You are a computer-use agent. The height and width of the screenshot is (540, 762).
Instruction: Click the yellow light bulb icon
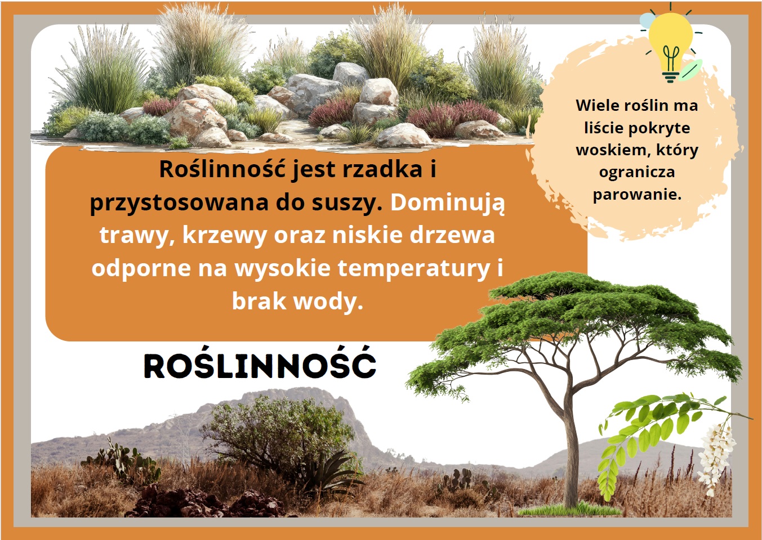(670, 46)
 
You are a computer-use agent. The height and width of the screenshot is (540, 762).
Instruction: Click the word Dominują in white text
(448, 202)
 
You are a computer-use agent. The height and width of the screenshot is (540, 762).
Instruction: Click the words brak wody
(298, 301)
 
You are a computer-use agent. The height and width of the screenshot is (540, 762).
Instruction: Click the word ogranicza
(637, 172)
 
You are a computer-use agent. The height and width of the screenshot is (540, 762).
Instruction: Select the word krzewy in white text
(225, 236)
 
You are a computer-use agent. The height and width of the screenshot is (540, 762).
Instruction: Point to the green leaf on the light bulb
(690, 70)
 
